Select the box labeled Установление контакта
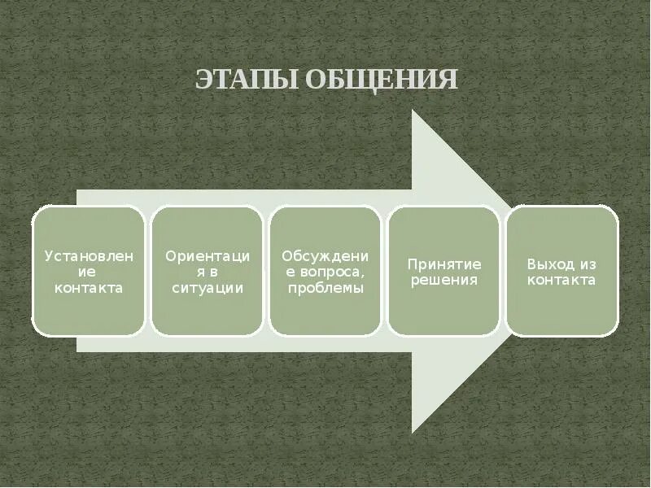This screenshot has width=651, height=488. pyautogui.click(x=89, y=271)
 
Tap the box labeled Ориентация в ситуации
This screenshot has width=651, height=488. pyautogui.click(x=208, y=271)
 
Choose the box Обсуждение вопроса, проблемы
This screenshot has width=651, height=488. pyautogui.click(x=325, y=271)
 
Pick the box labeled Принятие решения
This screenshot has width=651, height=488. pyautogui.click(x=444, y=271)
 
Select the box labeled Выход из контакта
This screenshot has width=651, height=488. pyautogui.click(x=562, y=271)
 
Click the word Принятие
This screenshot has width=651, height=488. pyautogui.click(x=444, y=264)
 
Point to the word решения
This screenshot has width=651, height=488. pyautogui.click(x=444, y=280)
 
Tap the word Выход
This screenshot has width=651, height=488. pyautogui.click(x=550, y=264)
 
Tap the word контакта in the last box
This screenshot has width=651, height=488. pyautogui.click(x=562, y=280)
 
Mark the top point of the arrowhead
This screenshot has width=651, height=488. pyautogui.click(x=413, y=110)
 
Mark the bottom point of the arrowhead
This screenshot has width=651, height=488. pyautogui.click(x=413, y=432)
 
